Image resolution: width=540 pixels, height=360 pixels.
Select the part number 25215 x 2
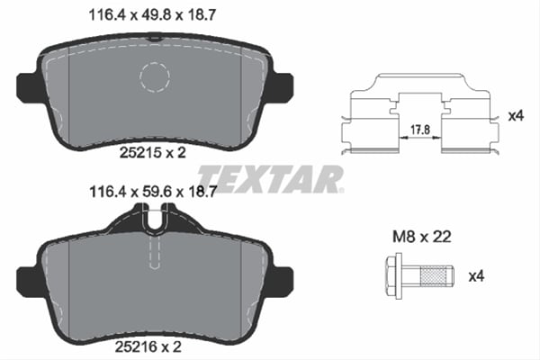(152, 153)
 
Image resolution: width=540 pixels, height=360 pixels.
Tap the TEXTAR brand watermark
(269, 177)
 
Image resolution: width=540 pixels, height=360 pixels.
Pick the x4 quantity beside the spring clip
(515, 115)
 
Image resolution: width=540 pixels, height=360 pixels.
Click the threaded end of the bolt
(437, 274)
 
